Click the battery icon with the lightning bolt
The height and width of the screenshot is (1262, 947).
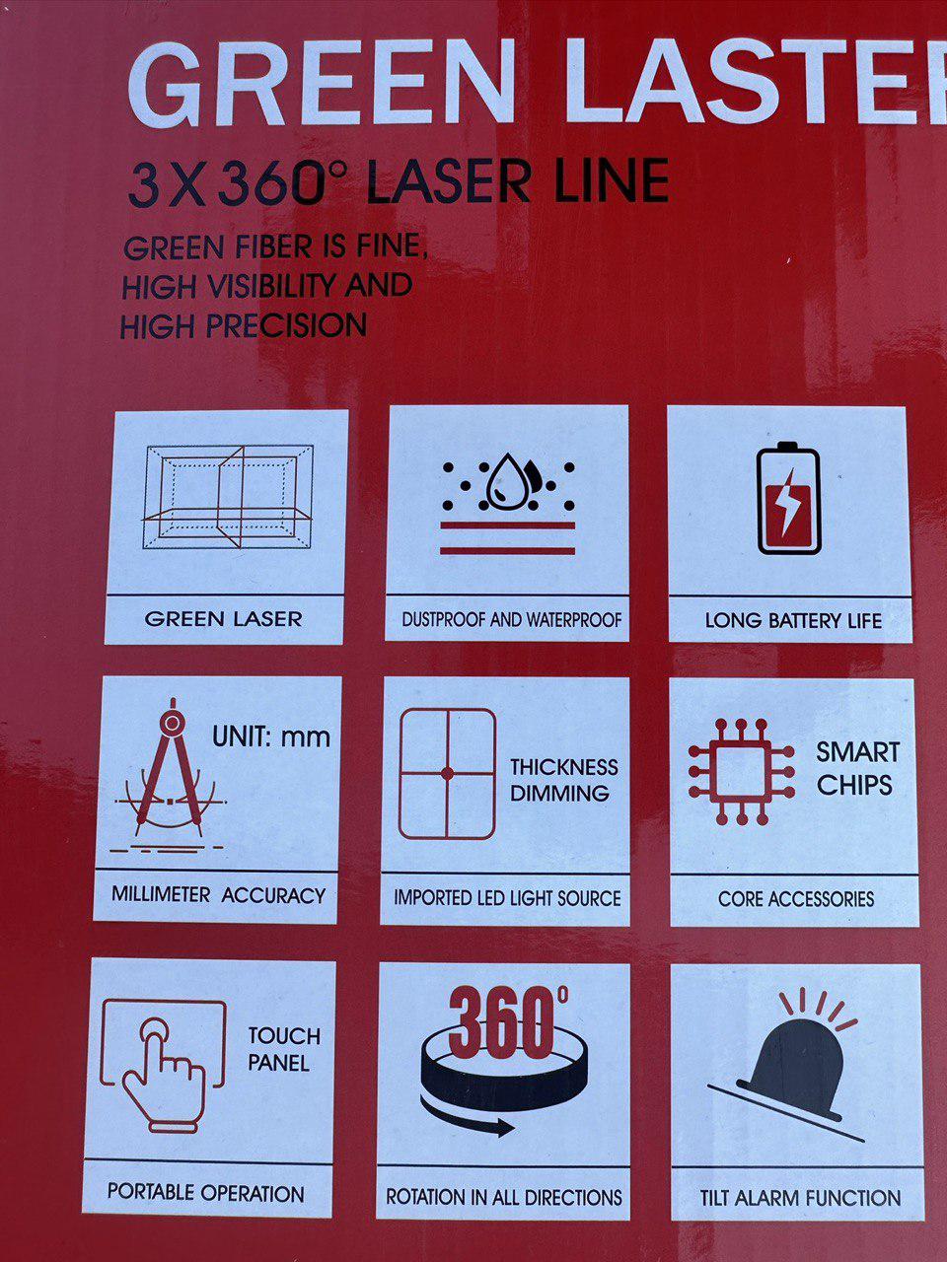click(x=789, y=499)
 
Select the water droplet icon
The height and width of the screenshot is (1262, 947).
click(x=507, y=483)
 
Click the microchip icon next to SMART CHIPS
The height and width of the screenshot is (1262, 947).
click(x=741, y=772)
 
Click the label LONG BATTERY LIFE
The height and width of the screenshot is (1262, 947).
click(x=793, y=621)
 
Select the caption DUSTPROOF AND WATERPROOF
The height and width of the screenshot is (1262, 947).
click(x=512, y=620)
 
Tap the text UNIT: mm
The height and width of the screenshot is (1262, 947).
click(x=271, y=736)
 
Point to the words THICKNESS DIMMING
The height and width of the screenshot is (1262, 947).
click(x=564, y=780)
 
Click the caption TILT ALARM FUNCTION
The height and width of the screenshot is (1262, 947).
click(x=800, y=1198)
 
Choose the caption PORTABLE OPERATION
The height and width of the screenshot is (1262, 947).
click(x=206, y=1194)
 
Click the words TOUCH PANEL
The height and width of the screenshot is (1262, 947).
click(x=284, y=1050)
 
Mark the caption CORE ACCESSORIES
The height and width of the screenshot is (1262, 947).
click(x=796, y=898)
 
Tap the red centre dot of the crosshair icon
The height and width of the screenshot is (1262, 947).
click(x=447, y=774)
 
